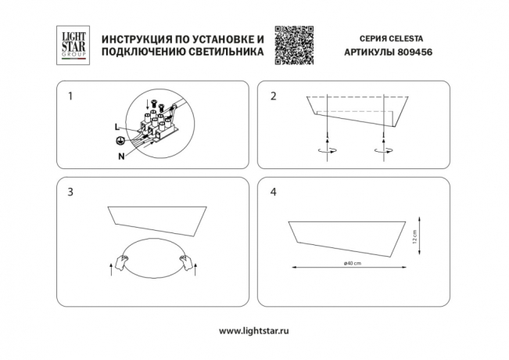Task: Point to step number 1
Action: point(70,96)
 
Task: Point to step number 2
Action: point(273,96)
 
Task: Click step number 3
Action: point(70,192)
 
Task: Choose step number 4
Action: point(273,192)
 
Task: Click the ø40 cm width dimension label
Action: point(353,263)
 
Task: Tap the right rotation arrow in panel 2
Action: point(384,149)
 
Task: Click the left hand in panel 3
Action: point(122,261)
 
